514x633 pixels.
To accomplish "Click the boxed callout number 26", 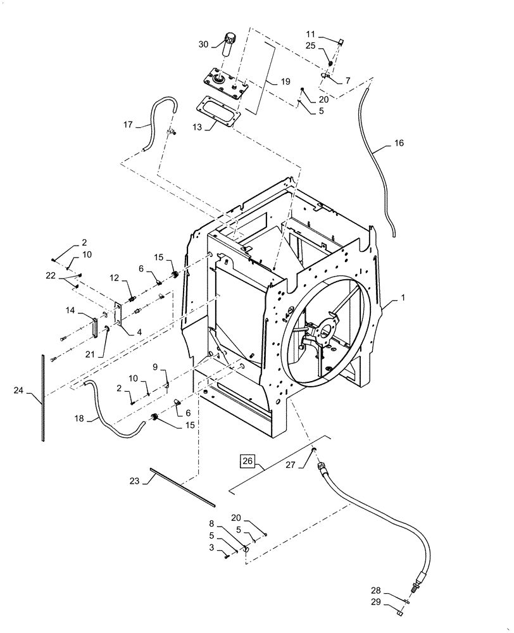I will [247, 460].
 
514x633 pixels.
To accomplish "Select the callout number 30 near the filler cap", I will [203, 44].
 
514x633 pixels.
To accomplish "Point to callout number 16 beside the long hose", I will [398, 143].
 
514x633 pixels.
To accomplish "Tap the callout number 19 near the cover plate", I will [285, 82].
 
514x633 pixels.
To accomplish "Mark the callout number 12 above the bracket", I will [115, 278].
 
